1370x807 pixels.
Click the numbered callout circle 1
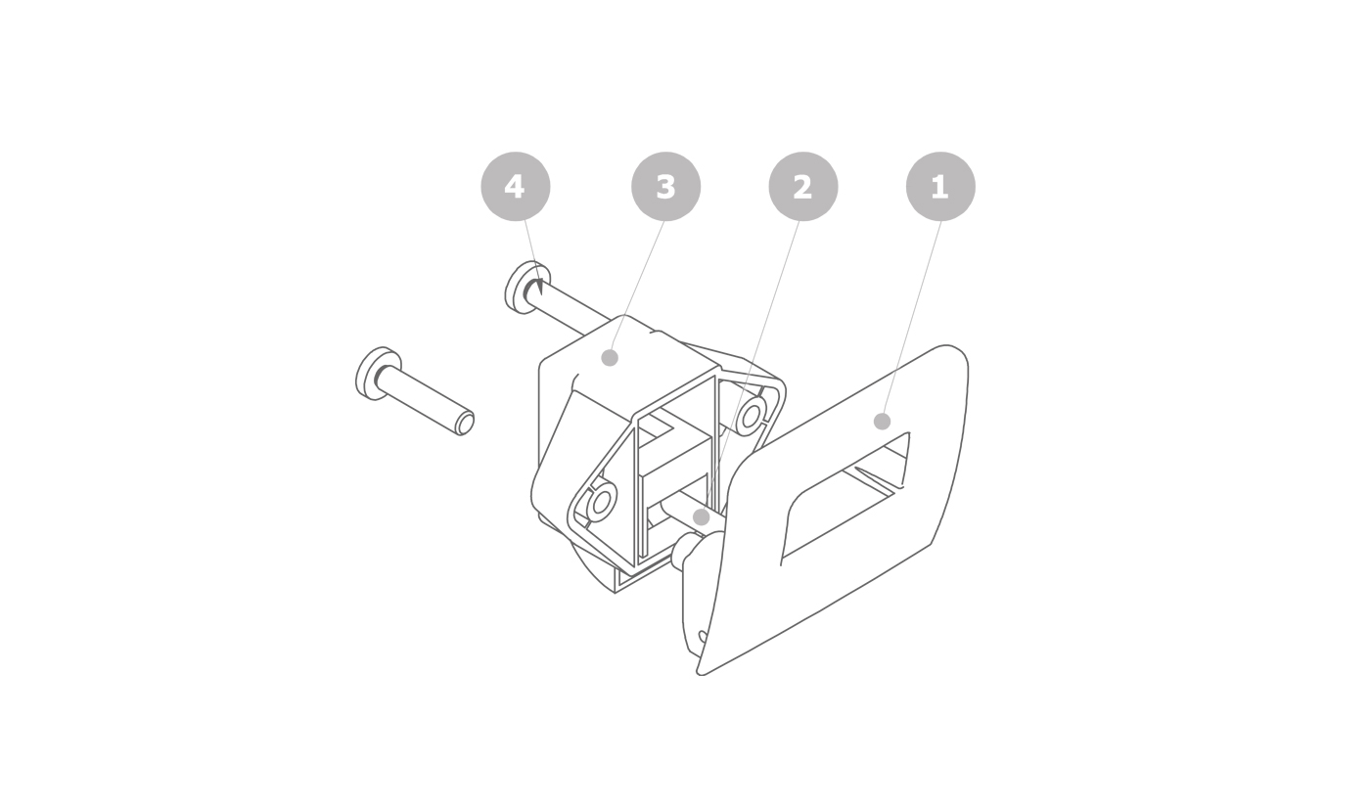[940, 187]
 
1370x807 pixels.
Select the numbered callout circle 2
[803, 187]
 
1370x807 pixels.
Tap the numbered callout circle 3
[665, 187]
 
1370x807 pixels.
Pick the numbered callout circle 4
[516, 187]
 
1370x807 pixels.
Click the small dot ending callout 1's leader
[882, 422]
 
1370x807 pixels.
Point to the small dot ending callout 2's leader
[701, 517]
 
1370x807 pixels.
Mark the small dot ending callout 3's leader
[609, 358]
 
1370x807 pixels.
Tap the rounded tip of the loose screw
[466, 423]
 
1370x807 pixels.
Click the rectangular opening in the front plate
[845, 495]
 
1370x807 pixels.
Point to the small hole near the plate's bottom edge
[703, 638]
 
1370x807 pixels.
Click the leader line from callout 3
[637, 290]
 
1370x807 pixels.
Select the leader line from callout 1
[911, 321]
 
